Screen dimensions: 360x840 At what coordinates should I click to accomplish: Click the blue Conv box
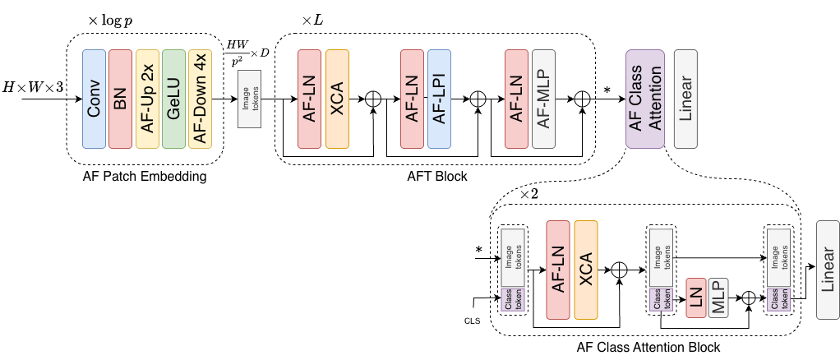point(95,99)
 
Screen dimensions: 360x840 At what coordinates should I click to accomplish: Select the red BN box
point(121,99)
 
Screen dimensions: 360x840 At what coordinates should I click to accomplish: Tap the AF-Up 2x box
point(147,99)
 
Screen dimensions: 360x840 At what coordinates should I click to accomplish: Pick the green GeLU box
point(173,99)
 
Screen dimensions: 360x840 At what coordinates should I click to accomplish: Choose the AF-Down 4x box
point(200,99)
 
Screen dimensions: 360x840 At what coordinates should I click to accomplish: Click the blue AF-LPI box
point(439,99)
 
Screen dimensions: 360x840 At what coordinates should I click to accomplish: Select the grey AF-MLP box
point(543,99)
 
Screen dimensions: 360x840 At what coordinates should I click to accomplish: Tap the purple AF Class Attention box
point(644,99)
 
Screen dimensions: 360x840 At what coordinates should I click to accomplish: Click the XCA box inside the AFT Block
point(337,99)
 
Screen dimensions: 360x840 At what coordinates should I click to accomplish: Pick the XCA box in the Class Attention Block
point(586,270)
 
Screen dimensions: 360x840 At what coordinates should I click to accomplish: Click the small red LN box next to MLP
point(695,299)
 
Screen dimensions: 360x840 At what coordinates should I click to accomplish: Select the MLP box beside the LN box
point(719,299)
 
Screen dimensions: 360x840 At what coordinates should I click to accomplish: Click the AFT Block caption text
point(437,177)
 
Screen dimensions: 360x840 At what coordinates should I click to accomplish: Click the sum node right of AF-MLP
point(583,99)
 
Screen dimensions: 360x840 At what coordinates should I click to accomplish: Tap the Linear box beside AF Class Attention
point(685,99)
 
